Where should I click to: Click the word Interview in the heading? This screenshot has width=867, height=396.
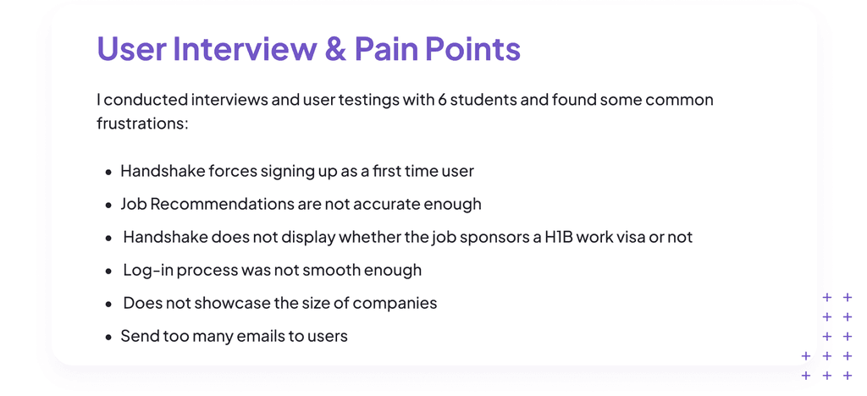coord(245,48)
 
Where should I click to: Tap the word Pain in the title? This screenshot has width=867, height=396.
coord(391,48)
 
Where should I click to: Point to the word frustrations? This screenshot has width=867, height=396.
coord(142,123)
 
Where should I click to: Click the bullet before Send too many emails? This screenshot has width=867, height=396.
coord(109,337)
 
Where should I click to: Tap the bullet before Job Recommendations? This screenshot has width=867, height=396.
coord(109,205)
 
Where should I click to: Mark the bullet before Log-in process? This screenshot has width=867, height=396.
coord(109,271)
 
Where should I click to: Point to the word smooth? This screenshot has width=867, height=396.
coord(337,270)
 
